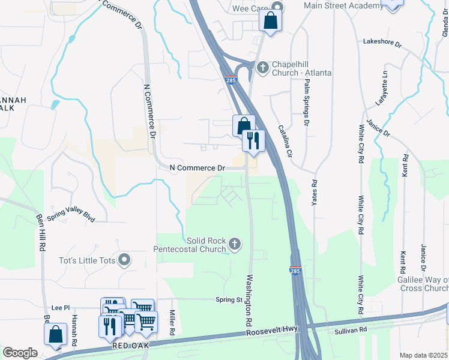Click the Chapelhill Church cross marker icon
(262, 67)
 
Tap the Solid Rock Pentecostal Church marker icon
(235, 244)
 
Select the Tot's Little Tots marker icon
(124, 260)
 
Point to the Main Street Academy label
(343, 5)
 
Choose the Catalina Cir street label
(285, 142)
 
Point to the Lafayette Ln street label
(382, 88)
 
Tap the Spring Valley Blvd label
(71, 216)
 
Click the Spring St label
(229, 299)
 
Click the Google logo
(20, 353)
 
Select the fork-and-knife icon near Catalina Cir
(253, 141)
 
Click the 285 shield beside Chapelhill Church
(231, 79)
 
